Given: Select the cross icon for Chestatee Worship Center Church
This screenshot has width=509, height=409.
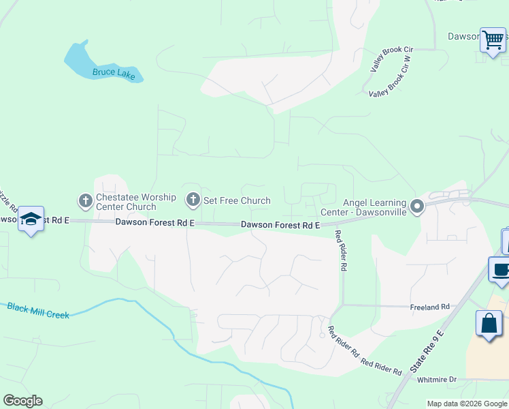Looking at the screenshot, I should pos(85,201).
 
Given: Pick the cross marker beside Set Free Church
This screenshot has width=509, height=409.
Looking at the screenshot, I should pos(193,200).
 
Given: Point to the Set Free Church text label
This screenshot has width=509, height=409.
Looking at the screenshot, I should pos(237,200).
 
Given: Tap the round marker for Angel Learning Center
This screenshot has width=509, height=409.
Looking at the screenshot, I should pos(418,205).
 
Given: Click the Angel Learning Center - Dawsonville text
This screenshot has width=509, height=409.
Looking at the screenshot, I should pos(374,207).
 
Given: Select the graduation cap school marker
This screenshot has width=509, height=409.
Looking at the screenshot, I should pos(31,219).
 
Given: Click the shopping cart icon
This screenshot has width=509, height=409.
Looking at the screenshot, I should pos(493,39).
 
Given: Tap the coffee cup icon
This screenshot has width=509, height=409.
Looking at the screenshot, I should pos(501,269).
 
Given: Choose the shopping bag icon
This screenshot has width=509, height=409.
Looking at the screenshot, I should pos(489,322).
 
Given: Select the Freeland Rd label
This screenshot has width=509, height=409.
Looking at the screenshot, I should pos(429,307).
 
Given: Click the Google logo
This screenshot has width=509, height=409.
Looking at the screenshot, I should pos(22,401).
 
